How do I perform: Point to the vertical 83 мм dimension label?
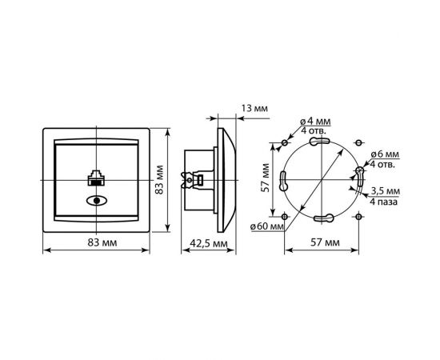coord(159,186)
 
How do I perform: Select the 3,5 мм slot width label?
coord(385,190)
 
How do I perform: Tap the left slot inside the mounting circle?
coord(283,183)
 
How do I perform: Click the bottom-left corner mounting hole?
coord(286,217)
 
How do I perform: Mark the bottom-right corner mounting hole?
coord(358,217)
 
